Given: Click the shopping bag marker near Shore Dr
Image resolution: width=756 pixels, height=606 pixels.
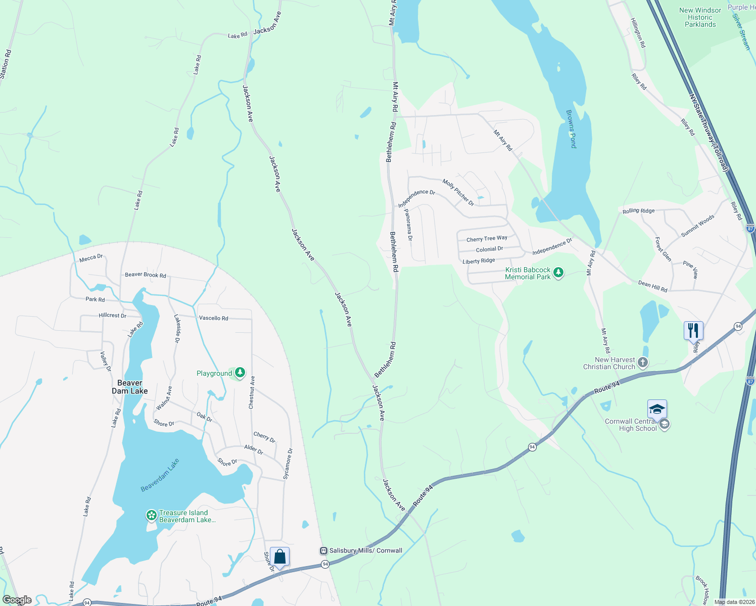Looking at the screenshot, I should click(279, 557).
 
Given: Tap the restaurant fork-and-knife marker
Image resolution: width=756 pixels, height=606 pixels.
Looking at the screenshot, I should click(693, 331).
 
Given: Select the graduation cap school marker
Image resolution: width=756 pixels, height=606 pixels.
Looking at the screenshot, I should click(656, 409).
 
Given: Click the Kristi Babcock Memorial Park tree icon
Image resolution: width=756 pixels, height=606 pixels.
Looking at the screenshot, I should click(558, 273).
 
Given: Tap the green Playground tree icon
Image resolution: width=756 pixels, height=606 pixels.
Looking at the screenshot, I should click(240, 373).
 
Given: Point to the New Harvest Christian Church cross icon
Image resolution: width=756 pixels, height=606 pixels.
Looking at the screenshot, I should click(642, 362).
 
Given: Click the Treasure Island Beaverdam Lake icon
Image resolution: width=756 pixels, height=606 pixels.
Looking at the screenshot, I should click(151, 516).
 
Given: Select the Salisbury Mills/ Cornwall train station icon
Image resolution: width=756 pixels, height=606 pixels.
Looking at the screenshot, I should click(323, 550).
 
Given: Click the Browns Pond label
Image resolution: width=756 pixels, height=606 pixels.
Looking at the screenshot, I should click(571, 129).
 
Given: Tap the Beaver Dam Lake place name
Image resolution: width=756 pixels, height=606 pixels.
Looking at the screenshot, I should click(130, 387).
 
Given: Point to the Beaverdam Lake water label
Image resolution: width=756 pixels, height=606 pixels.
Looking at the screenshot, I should click(160, 475).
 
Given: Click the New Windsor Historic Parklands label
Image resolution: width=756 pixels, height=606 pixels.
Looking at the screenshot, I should click(700, 17).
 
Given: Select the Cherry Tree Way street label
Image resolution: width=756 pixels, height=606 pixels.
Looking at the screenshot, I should click(487, 239).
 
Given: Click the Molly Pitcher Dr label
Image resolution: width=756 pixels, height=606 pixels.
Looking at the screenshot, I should click(458, 192).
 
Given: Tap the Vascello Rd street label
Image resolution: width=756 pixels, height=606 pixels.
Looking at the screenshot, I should click(213, 318).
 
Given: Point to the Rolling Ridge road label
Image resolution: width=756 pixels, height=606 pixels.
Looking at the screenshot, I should click(638, 211).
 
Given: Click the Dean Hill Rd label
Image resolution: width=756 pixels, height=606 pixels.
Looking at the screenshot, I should click(652, 287).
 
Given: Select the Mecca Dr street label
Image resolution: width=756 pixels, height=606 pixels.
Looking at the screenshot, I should click(91, 258).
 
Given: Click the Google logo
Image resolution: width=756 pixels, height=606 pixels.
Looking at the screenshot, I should click(17, 600).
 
